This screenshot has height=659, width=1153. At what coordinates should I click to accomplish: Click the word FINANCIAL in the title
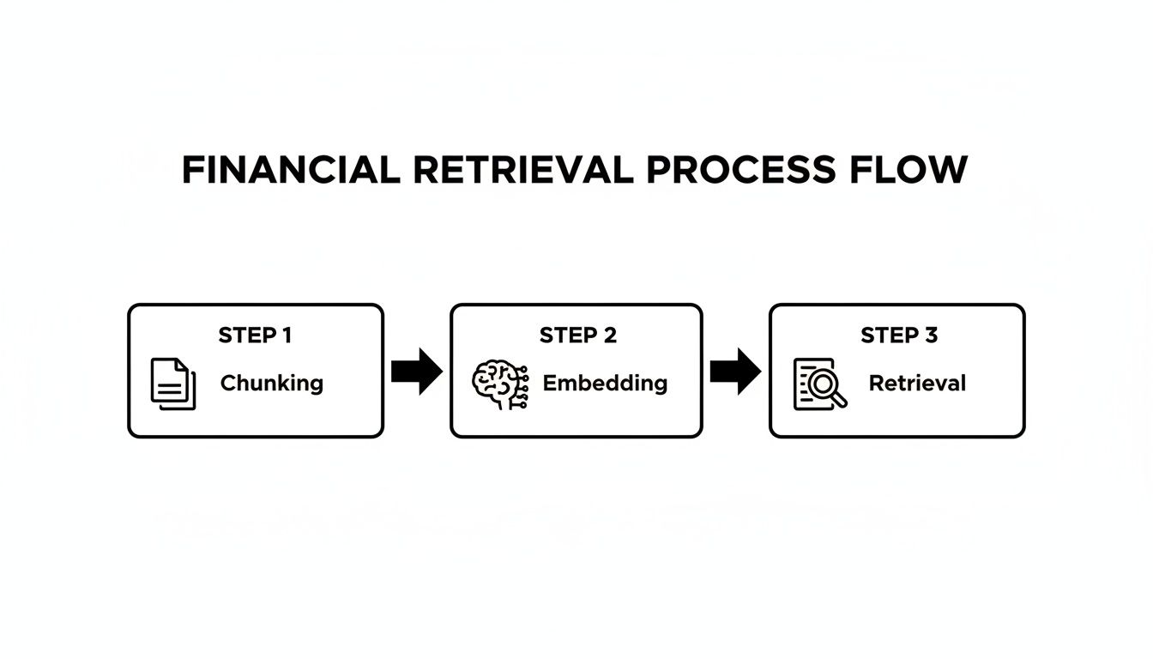[x=291, y=170]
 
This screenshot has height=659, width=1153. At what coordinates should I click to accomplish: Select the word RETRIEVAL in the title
[x=522, y=170]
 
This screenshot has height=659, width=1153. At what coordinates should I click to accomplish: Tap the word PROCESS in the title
[x=739, y=170]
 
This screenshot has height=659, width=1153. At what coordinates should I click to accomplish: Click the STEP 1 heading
[x=255, y=336]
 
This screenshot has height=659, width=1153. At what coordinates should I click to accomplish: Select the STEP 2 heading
[x=577, y=336]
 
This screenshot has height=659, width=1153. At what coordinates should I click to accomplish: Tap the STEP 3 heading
[x=899, y=336]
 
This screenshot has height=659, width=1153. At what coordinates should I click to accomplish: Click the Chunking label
[x=272, y=383]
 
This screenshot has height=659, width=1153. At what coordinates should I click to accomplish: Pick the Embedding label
[x=605, y=383]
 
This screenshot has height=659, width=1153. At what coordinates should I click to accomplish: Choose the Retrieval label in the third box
[x=917, y=383]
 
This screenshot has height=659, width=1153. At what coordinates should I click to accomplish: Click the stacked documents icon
[x=173, y=384]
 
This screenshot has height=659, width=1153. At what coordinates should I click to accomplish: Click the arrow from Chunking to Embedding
[x=417, y=372]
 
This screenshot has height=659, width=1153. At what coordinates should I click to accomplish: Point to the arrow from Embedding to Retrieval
[x=735, y=372]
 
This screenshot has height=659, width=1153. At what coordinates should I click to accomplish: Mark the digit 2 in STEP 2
[x=609, y=336]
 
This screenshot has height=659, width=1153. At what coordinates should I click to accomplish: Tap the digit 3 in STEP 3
[x=931, y=336]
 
